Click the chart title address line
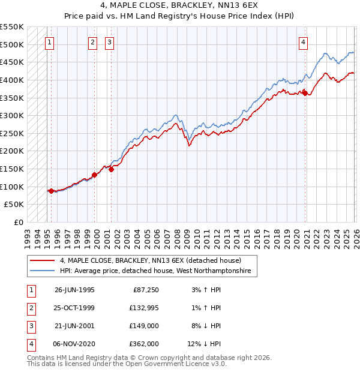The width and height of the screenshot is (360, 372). [x=179, y=6]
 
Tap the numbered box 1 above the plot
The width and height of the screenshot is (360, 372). [x=49, y=42]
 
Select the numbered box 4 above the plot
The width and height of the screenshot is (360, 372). [x=304, y=42]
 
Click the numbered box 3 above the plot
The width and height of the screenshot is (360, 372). [x=110, y=42]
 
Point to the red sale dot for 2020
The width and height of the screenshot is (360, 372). [x=305, y=92]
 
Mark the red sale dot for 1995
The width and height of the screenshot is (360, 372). [x=52, y=191]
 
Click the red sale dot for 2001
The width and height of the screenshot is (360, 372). [x=111, y=169]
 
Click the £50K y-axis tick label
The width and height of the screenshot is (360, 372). [x=14, y=205]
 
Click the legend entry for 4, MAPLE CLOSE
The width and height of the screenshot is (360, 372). [x=150, y=261]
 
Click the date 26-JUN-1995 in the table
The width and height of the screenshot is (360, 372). [x=74, y=290]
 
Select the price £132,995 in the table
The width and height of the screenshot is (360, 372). [x=142, y=308]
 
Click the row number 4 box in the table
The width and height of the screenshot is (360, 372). [x=31, y=344]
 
